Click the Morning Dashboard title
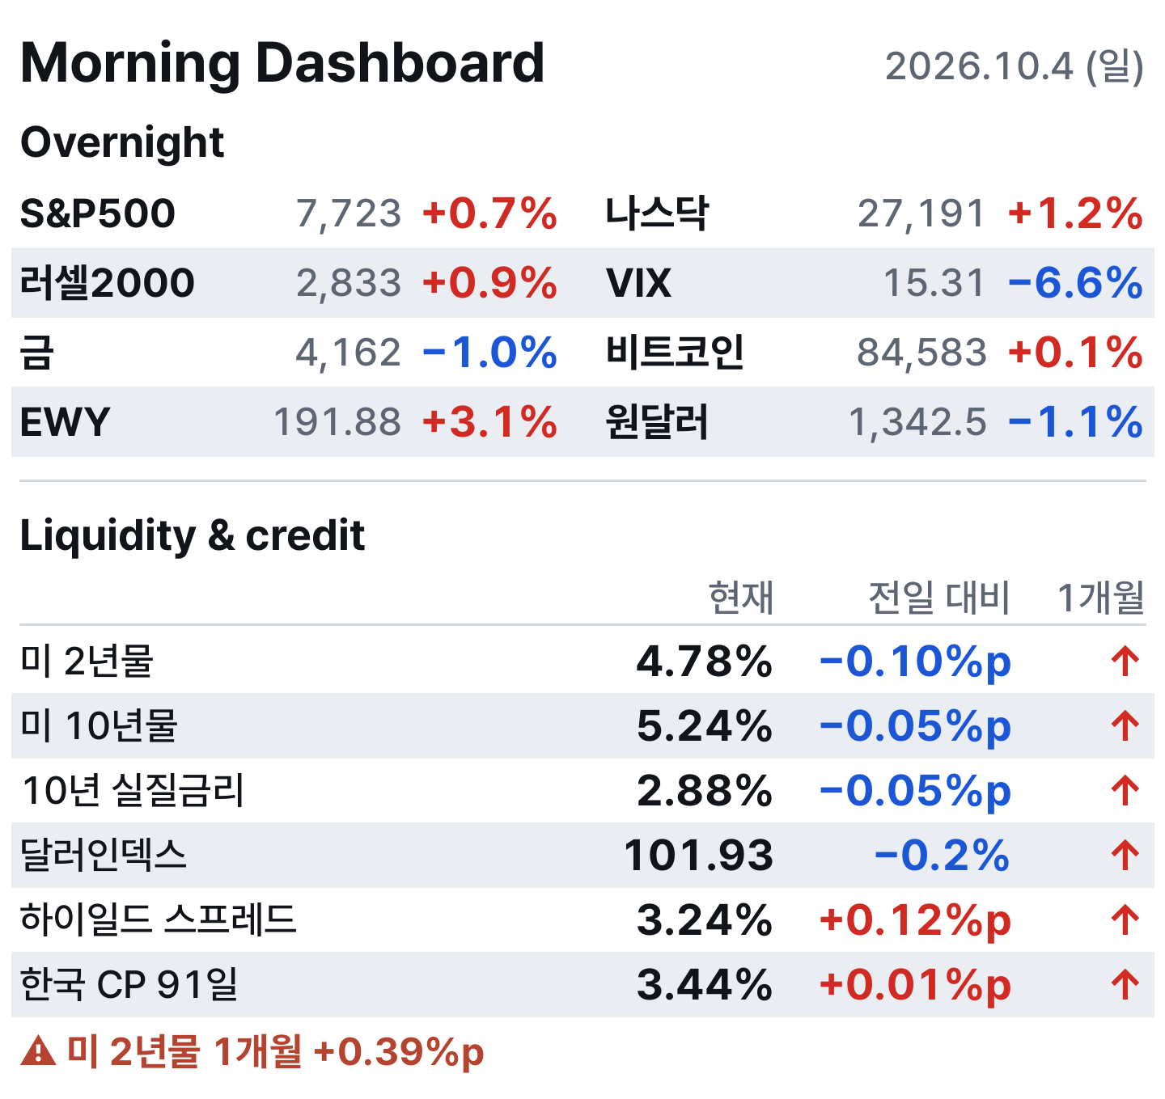tap(282, 63)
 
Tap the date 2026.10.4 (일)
tap(1014, 66)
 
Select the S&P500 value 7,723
tap(349, 213)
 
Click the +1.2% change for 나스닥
tap(1075, 213)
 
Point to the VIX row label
tap(638, 283)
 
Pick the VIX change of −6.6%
tap(1075, 283)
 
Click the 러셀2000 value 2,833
tap(349, 283)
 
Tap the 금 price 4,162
tap(349, 353)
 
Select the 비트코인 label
tap(675, 353)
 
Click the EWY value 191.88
tap(337, 422)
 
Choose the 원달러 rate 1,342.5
tap(917, 422)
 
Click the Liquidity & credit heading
tap(193, 536)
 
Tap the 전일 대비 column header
tap(938, 598)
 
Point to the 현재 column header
tap(741, 598)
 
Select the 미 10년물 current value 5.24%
tap(705, 727)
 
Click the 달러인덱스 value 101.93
tap(699, 856)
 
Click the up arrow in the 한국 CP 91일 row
tap(1125, 985)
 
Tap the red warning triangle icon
tap(38, 1051)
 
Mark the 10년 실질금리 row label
tap(133, 791)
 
